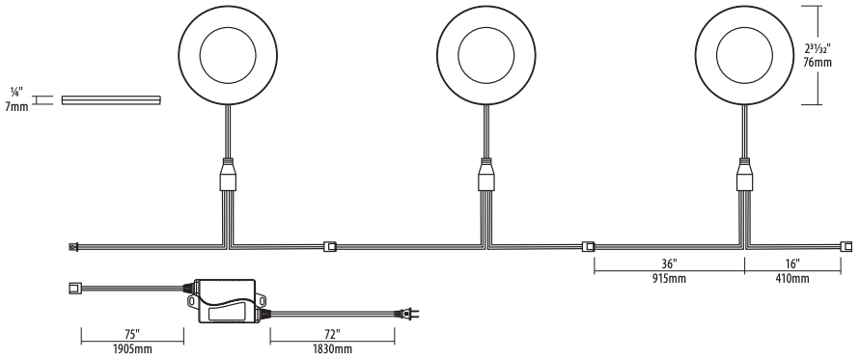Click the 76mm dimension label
pos(818,62)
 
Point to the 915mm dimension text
pos(669,279)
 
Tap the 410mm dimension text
pos(792,279)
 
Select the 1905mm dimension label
pos(132,348)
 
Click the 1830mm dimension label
pos(332,348)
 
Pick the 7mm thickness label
pos(17,106)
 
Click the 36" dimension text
pos(669,263)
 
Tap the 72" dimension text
pos(332,334)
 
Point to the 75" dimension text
pos(132,334)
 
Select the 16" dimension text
pos(792,263)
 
